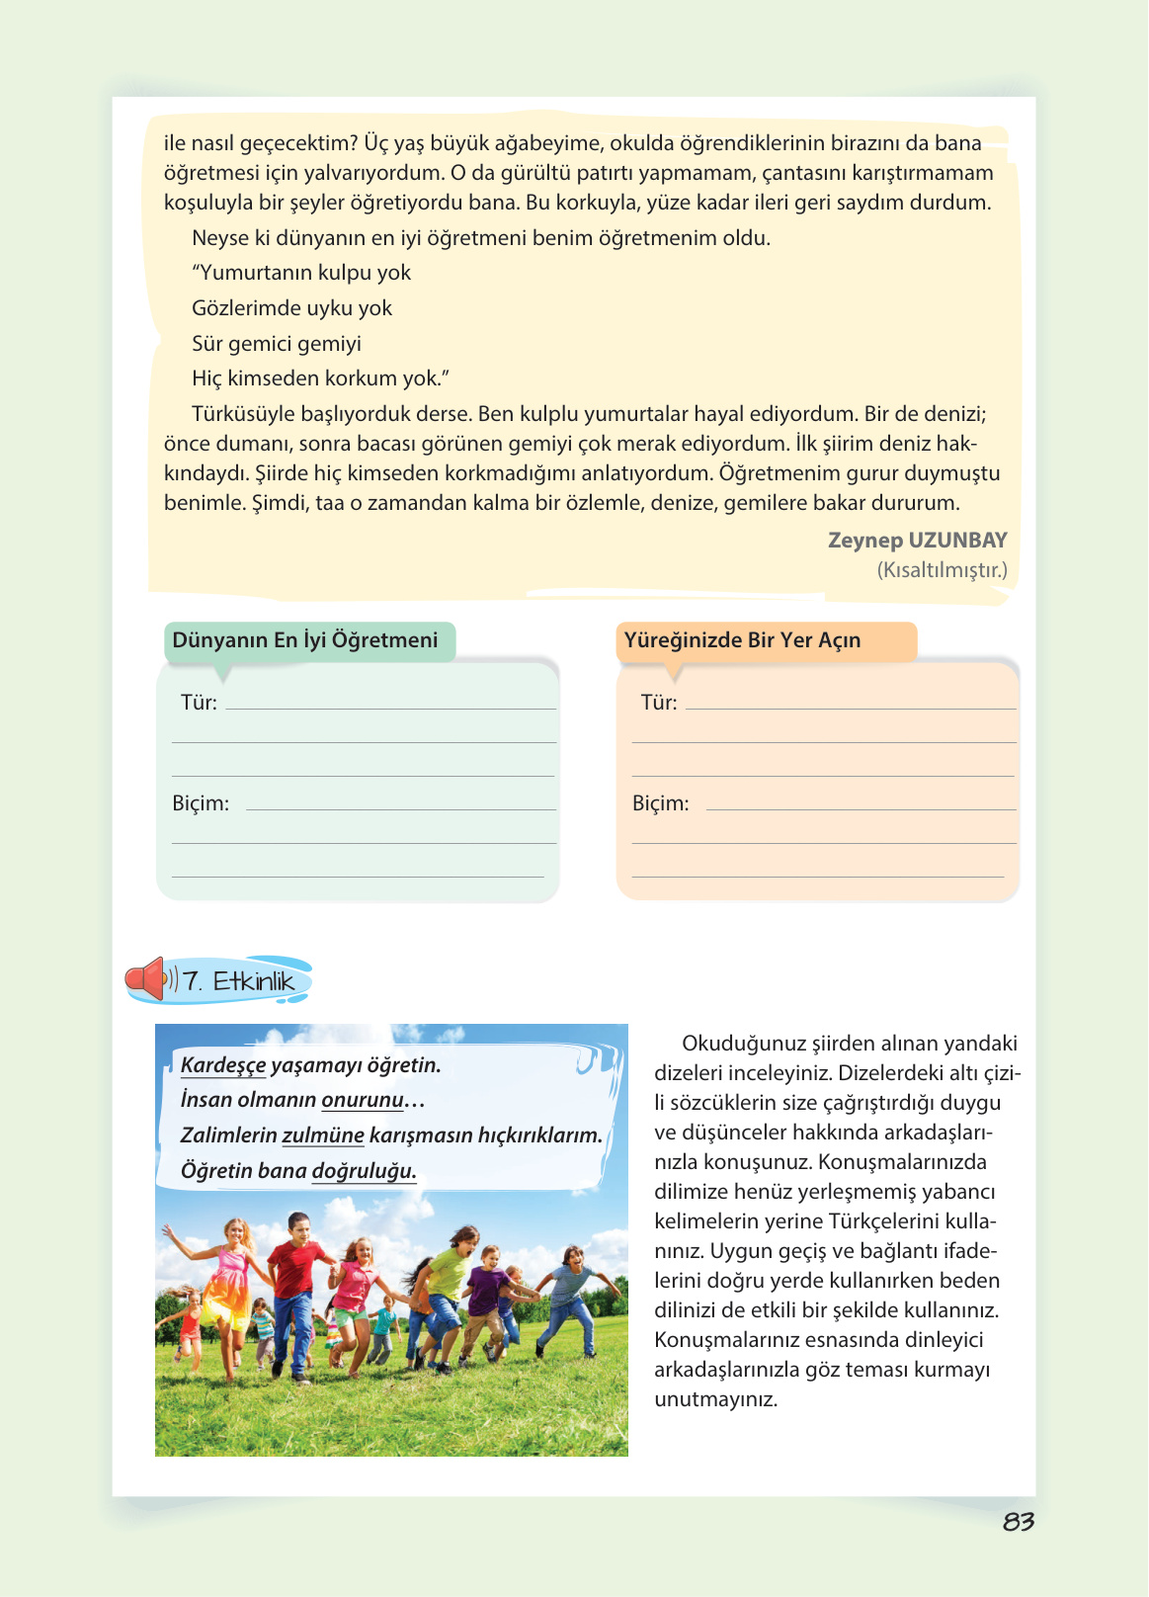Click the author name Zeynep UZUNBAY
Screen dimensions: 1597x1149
click(917, 541)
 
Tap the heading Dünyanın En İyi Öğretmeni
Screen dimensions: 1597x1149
click(304, 640)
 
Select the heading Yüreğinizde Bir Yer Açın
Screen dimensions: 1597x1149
click(742, 640)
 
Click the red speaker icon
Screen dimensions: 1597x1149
click(146, 979)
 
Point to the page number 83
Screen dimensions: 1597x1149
click(1018, 1522)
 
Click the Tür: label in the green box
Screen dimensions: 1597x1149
click(199, 703)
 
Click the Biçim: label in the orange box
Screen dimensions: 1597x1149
click(660, 803)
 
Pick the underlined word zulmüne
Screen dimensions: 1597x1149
click(323, 1135)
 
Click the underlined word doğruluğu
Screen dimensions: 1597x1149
click(364, 1171)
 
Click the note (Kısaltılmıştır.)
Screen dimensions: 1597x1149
click(942, 570)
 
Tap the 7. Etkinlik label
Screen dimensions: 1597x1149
click(239, 981)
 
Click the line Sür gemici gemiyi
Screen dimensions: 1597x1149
click(277, 344)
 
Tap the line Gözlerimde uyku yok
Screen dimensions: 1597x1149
click(291, 308)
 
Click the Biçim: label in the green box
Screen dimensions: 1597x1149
click(201, 803)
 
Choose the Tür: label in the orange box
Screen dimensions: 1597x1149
click(659, 703)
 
